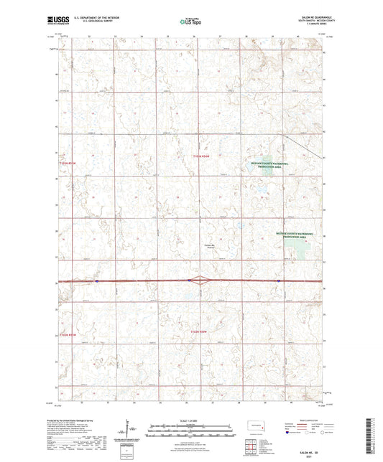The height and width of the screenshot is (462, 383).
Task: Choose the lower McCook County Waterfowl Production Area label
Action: (x=297, y=234)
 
